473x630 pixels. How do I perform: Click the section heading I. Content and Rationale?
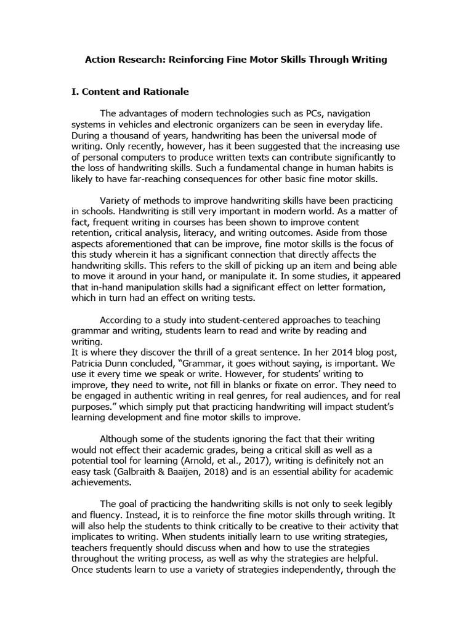(130, 92)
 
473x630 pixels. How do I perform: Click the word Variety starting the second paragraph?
(118, 202)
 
